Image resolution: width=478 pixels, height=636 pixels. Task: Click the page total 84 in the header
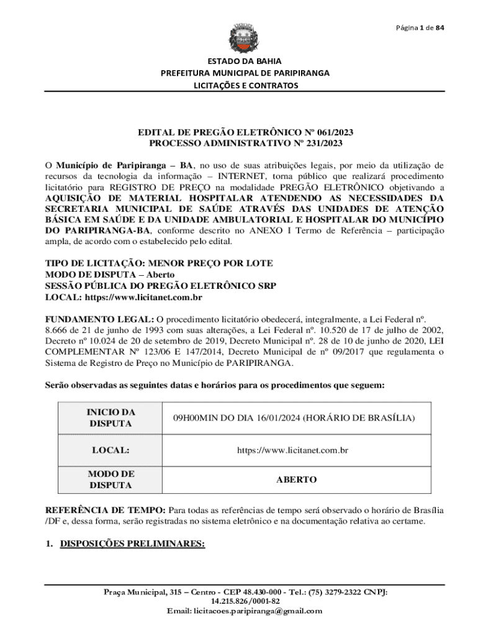(x=440, y=27)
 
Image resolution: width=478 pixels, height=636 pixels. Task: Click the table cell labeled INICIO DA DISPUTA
(x=111, y=417)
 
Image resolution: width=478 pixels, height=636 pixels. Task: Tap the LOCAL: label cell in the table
(x=111, y=449)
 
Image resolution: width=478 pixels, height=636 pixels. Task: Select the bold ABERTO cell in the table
(x=297, y=479)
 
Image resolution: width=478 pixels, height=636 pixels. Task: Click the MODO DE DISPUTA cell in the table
(x=111, y=479)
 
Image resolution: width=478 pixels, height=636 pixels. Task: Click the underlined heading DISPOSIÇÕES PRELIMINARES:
(x=132, y=543)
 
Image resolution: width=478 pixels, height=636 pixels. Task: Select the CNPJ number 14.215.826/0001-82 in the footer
(x=245, y=601)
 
